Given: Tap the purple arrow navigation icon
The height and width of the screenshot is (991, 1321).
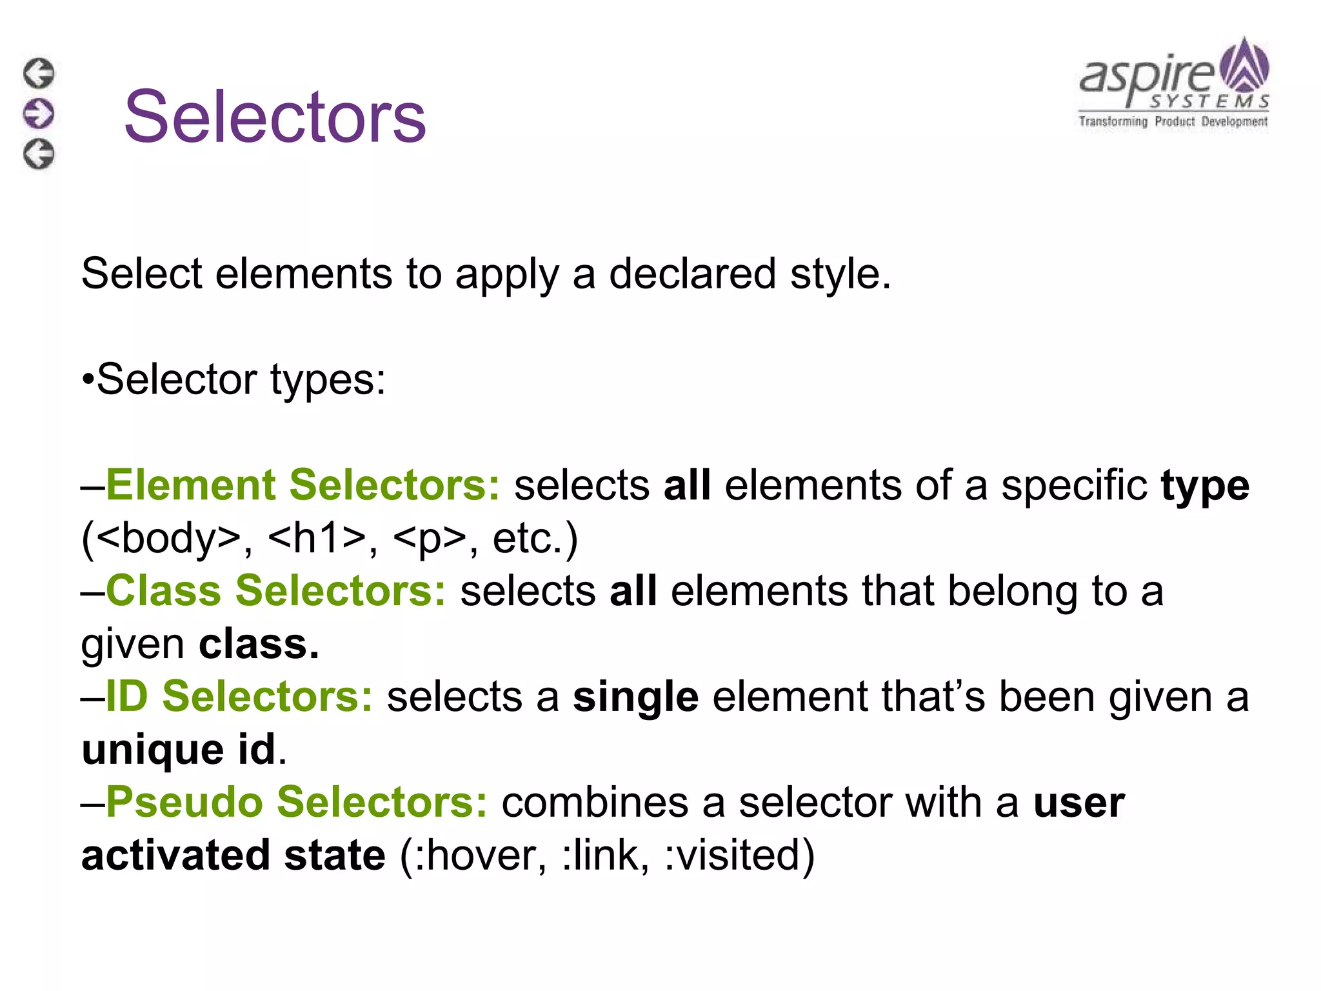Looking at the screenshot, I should click(39, 114).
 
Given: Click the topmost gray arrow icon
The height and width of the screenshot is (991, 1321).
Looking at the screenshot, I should click(39, 73).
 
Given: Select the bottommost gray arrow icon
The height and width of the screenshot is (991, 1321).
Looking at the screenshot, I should click(39, 154).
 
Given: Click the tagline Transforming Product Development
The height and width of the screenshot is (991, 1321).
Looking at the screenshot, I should click(1173, 121).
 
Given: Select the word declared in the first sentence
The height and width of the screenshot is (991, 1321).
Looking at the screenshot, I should click(692, 274).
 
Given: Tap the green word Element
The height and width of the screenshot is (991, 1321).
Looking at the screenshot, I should click(190, 485).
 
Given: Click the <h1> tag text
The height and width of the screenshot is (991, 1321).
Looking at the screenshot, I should click(316, 538).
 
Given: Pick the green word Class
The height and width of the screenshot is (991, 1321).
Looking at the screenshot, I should click(163, 591).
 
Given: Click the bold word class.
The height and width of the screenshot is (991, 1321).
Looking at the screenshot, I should click(259, 644).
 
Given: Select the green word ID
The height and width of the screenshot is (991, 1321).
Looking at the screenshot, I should click(126, 697).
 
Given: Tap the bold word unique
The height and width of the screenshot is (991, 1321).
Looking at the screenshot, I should click(153, 750).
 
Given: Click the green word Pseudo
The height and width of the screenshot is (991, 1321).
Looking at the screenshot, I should click(184, 803).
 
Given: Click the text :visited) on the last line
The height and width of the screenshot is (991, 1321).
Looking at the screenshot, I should click(739, 856).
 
